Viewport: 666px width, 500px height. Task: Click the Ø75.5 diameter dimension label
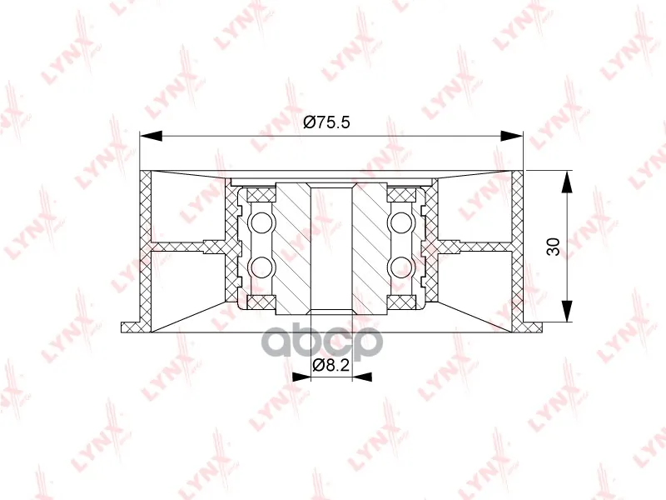pos(326,122)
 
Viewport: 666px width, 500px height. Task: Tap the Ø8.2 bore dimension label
pos(331,365)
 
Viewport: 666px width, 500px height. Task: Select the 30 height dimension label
pos(554,247)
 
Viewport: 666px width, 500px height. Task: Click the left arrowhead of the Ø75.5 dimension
pos(152,136)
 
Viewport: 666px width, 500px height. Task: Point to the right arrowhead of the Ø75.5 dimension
pos(511,136)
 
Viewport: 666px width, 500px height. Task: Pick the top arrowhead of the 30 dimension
pos(567,182)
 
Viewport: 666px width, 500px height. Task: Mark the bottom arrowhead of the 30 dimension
pos(567,311)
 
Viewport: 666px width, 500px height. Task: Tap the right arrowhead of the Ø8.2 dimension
pos(362,377)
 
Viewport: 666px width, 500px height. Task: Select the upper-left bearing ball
pos(261,222)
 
